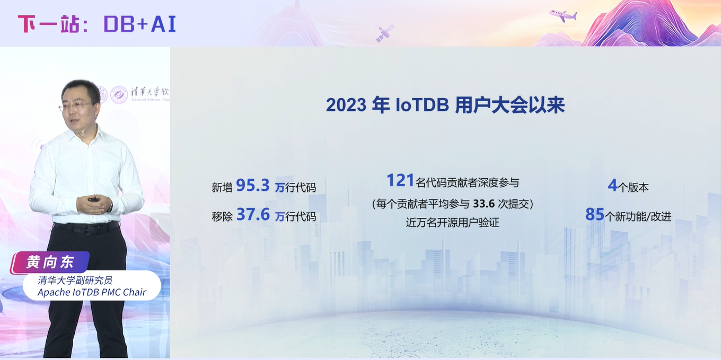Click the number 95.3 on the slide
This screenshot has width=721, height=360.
pyautogui.click(x=252, y=186)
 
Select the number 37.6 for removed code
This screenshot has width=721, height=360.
pyautogui.click(x=253, y=215)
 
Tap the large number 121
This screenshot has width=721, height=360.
pyautogui.click(x=400, y=181)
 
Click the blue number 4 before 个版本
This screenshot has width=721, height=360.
pyautogui.click(x=612, y=186)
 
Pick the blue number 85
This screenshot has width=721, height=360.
pyautogui.click(x=595, y=215)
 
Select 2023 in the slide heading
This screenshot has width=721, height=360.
pyautogui.click(x=346, y=105)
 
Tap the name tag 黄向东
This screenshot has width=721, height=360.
pyautogui.click(x=50, y=262)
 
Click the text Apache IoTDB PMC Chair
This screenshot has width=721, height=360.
pyautogui.click(x=92, y=292)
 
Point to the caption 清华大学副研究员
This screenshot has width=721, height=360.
pyautogui.click(x=75, y=280)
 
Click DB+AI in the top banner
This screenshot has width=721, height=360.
pyautogui.click(x=139, y=24)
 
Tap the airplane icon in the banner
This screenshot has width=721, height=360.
pyautogui.click(x=563, y=15)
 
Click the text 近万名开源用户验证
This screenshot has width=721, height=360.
pyautogui.click(x=452, y=223)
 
